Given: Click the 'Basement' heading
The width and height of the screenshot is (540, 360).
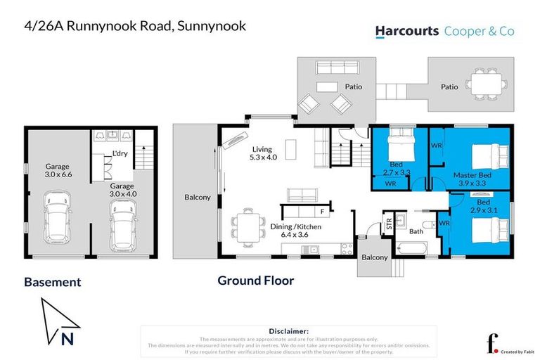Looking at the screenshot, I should point(53,282).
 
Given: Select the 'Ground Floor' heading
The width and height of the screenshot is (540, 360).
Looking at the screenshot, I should point(255,281).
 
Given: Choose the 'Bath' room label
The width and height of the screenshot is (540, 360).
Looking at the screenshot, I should point(416,231).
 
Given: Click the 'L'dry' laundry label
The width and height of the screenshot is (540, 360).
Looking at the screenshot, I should point(119,155).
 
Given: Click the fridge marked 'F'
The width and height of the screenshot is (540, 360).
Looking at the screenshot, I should point(321,211).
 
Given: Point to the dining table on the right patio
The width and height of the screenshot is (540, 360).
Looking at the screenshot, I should point(482,87).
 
